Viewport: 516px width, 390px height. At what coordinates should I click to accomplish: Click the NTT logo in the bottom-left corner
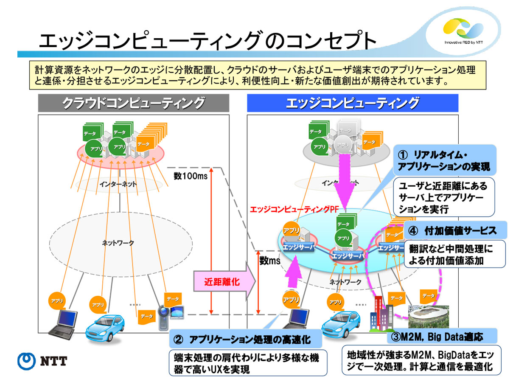42,362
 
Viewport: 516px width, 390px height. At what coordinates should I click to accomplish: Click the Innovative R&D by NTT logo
464,30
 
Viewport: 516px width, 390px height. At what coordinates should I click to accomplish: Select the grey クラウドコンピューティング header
133,103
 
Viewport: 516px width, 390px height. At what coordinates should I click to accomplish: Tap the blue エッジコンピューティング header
352,103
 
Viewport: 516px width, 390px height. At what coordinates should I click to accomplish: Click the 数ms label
270,261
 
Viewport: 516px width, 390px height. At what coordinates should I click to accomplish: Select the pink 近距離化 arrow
225,281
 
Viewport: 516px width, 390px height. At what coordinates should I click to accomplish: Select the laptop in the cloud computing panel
63,322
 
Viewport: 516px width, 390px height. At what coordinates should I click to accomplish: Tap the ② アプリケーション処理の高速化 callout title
245,339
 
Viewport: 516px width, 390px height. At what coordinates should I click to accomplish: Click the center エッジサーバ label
347,256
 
